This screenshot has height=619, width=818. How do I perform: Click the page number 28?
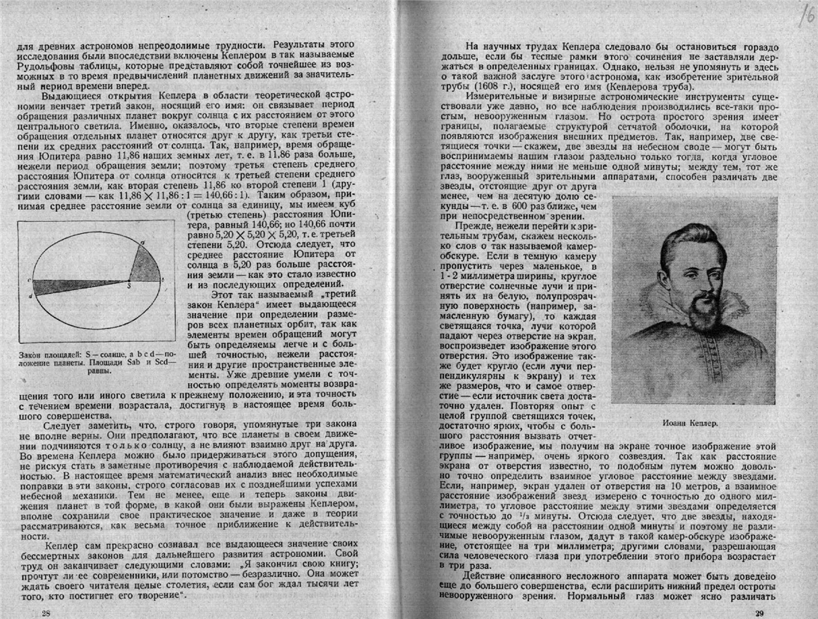[25, 612]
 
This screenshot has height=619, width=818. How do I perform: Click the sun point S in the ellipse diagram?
[128, 280]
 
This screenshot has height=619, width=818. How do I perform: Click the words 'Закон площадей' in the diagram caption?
[42, 354]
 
